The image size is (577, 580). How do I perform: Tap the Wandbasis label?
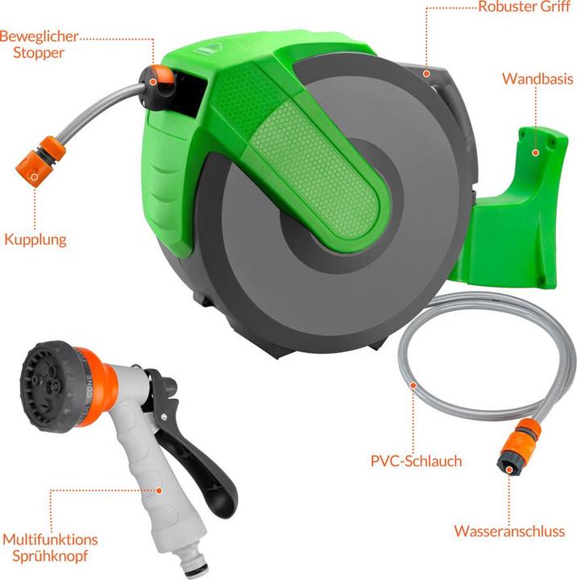pos(537,79)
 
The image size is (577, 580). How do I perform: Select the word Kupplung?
pos(35,239)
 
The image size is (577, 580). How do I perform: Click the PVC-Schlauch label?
pos(416,462)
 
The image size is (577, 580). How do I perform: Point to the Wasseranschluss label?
pos(509,532)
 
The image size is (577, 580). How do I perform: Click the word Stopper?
pos(32,53)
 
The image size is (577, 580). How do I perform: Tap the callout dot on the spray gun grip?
pos(160,489)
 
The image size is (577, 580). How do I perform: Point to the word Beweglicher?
pos(39,36)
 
